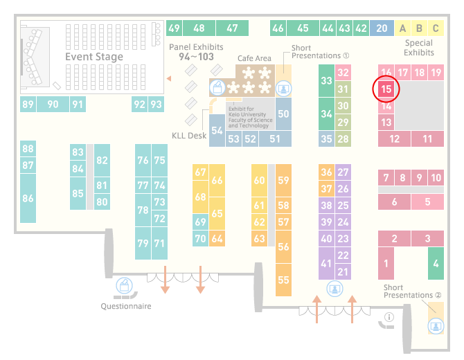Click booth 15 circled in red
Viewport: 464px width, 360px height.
[x=386, y=89]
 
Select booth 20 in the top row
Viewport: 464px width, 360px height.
[x=382, y=28]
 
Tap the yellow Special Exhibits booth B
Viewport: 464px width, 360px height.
[x=419, y=28]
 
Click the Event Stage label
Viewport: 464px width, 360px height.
[x=94, y=57]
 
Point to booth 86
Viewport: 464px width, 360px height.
[x=28, y=198]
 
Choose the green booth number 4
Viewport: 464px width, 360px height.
[x=436, y=263]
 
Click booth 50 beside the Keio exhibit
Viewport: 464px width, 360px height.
[x=283, y=114]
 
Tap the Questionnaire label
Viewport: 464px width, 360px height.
[x=126, y=306]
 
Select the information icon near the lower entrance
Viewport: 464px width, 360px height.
[x=389, y=317]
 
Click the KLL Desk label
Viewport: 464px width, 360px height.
[x=189, y=136]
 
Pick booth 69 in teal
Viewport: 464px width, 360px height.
[x=200, y=222]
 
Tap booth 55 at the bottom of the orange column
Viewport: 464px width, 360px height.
[x=283, y=280]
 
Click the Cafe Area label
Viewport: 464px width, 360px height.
[x=254, y=58]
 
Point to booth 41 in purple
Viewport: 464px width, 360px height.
[x=326, y=263]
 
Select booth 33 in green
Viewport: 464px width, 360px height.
[x=326, y=80]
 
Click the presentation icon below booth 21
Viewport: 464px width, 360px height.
[x=334, y=289]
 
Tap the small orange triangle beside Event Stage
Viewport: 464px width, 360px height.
[x=169, y=78]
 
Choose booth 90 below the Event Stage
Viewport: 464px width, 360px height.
[x=53, y=104]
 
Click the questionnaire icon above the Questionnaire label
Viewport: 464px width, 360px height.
[x=124, y=285]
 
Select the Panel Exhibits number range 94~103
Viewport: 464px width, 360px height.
[x=196, y=57]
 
